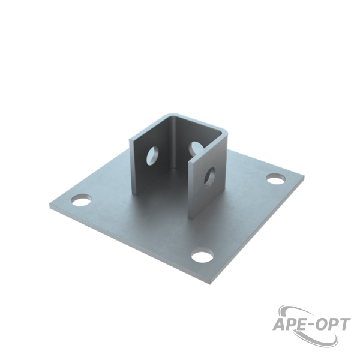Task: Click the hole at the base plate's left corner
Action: [x=81, y=200]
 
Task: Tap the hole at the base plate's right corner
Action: [x=276, y=179]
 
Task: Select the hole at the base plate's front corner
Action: [x=202, y=255]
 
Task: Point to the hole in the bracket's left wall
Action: [x=152, y=155]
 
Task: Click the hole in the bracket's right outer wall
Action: [x=209, y=178]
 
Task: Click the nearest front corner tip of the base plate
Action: [x=210, y=282]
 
